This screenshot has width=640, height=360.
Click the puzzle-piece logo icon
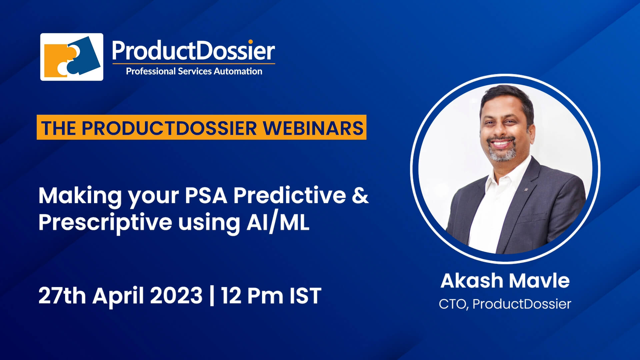72,57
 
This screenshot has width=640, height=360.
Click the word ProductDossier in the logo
193,51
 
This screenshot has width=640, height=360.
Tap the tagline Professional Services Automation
194,71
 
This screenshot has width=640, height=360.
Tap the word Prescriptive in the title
105,223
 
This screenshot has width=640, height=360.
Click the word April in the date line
118,296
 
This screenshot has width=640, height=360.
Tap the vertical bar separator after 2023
212,296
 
